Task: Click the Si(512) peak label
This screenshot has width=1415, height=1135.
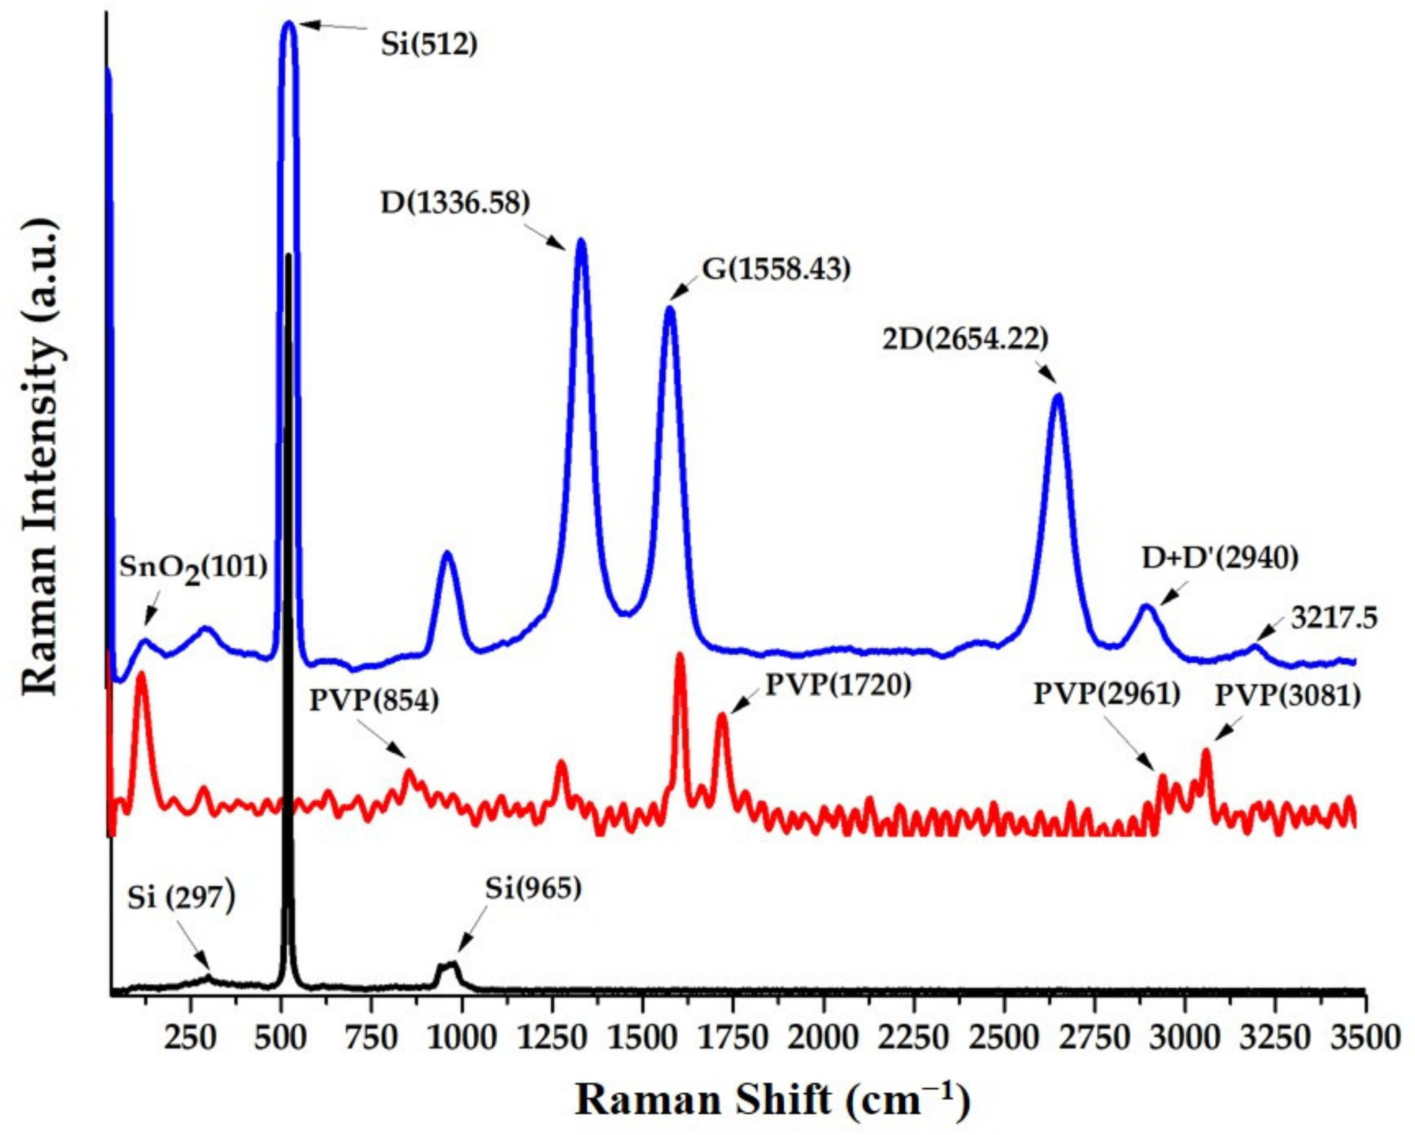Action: click(429, 45)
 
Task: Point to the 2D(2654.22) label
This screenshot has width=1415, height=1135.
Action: click(965, 339)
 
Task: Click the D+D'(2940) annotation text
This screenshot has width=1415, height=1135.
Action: click(1220, 558)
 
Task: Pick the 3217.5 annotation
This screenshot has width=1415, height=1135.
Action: click(1334, 618)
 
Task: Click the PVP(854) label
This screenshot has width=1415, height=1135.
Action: click(374, 701)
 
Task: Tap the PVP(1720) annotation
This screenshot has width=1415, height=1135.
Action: click(839, 685)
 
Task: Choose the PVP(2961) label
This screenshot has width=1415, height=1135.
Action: click(1107, 694)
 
